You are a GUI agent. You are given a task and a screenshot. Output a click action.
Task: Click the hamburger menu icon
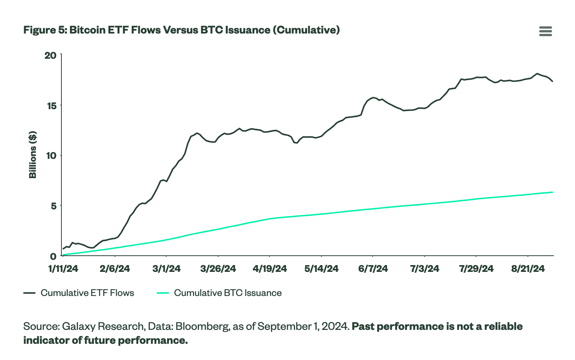(545, 31)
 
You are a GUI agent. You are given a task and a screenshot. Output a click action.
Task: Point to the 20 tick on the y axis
(50, 55)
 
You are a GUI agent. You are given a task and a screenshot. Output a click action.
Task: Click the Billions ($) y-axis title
(33, 155)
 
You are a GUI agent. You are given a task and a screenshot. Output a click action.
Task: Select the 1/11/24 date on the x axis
(63, 268)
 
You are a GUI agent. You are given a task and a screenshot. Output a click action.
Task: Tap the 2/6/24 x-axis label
(115, 268)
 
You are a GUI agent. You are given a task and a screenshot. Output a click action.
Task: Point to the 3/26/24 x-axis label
(218, 268)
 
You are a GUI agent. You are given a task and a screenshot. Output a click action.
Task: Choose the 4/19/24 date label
(270, 268)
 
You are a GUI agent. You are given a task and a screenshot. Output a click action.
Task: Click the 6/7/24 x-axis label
(373, 268)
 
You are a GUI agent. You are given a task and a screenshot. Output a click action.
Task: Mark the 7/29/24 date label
(476, 268)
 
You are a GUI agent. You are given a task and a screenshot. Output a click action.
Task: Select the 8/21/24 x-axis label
(528, 268)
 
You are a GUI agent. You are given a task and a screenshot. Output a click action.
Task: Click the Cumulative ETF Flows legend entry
(87, 293)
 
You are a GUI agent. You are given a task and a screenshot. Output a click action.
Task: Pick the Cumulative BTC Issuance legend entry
(228, 293)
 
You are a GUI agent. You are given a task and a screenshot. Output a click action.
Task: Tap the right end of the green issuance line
(552, 192)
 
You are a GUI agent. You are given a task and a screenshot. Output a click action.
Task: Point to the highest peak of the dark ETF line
(537, 73)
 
